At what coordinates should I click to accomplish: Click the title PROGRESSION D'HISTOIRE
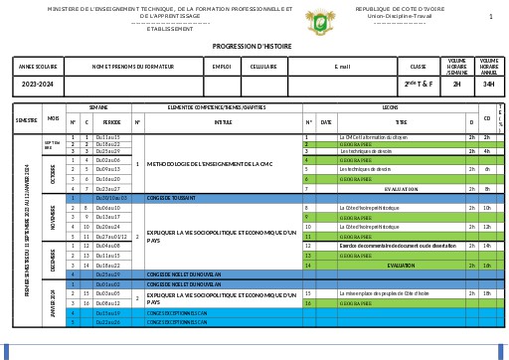click(x=254, y=46)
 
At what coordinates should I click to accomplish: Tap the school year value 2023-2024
click(x=39, y=85)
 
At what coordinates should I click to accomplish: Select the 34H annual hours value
click(x=488, y=85)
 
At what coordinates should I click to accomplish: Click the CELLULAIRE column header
click(x=263, y=67)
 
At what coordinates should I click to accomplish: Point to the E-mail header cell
click(x=342, y=67)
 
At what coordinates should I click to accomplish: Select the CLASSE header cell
click(x=418, y=67)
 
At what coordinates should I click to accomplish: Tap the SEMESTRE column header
click(x=26, y=119)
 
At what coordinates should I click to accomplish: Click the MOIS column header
click(x=53, y=119)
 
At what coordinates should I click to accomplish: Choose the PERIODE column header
click(x=111, y=123)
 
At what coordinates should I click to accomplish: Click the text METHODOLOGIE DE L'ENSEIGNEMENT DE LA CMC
click(x=203, y=163)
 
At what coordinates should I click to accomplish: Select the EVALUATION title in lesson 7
click(x=401, y=189)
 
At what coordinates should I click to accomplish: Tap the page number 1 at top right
click(x=490, y=17)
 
